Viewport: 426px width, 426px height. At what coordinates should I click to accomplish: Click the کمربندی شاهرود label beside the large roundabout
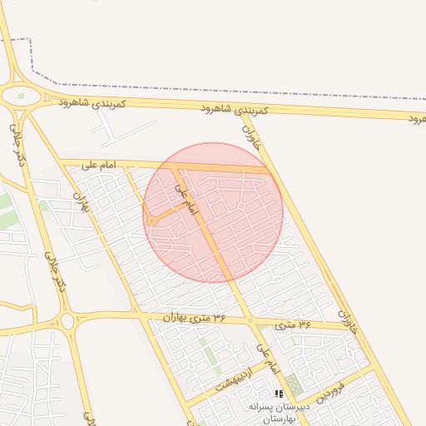[92, 104]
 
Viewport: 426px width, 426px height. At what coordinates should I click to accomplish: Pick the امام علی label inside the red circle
[186, 201]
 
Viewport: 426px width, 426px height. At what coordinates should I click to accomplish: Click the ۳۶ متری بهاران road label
[195, 317]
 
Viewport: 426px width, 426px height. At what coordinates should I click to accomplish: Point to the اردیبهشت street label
[232, 382]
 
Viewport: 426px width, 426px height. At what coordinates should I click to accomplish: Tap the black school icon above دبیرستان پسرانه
[280, 393]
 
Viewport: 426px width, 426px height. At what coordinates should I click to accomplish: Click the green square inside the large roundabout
[22, 97]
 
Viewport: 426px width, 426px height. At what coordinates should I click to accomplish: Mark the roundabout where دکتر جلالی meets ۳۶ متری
[67, 321]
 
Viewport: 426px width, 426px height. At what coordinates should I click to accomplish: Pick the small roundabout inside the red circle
[152, 222]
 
